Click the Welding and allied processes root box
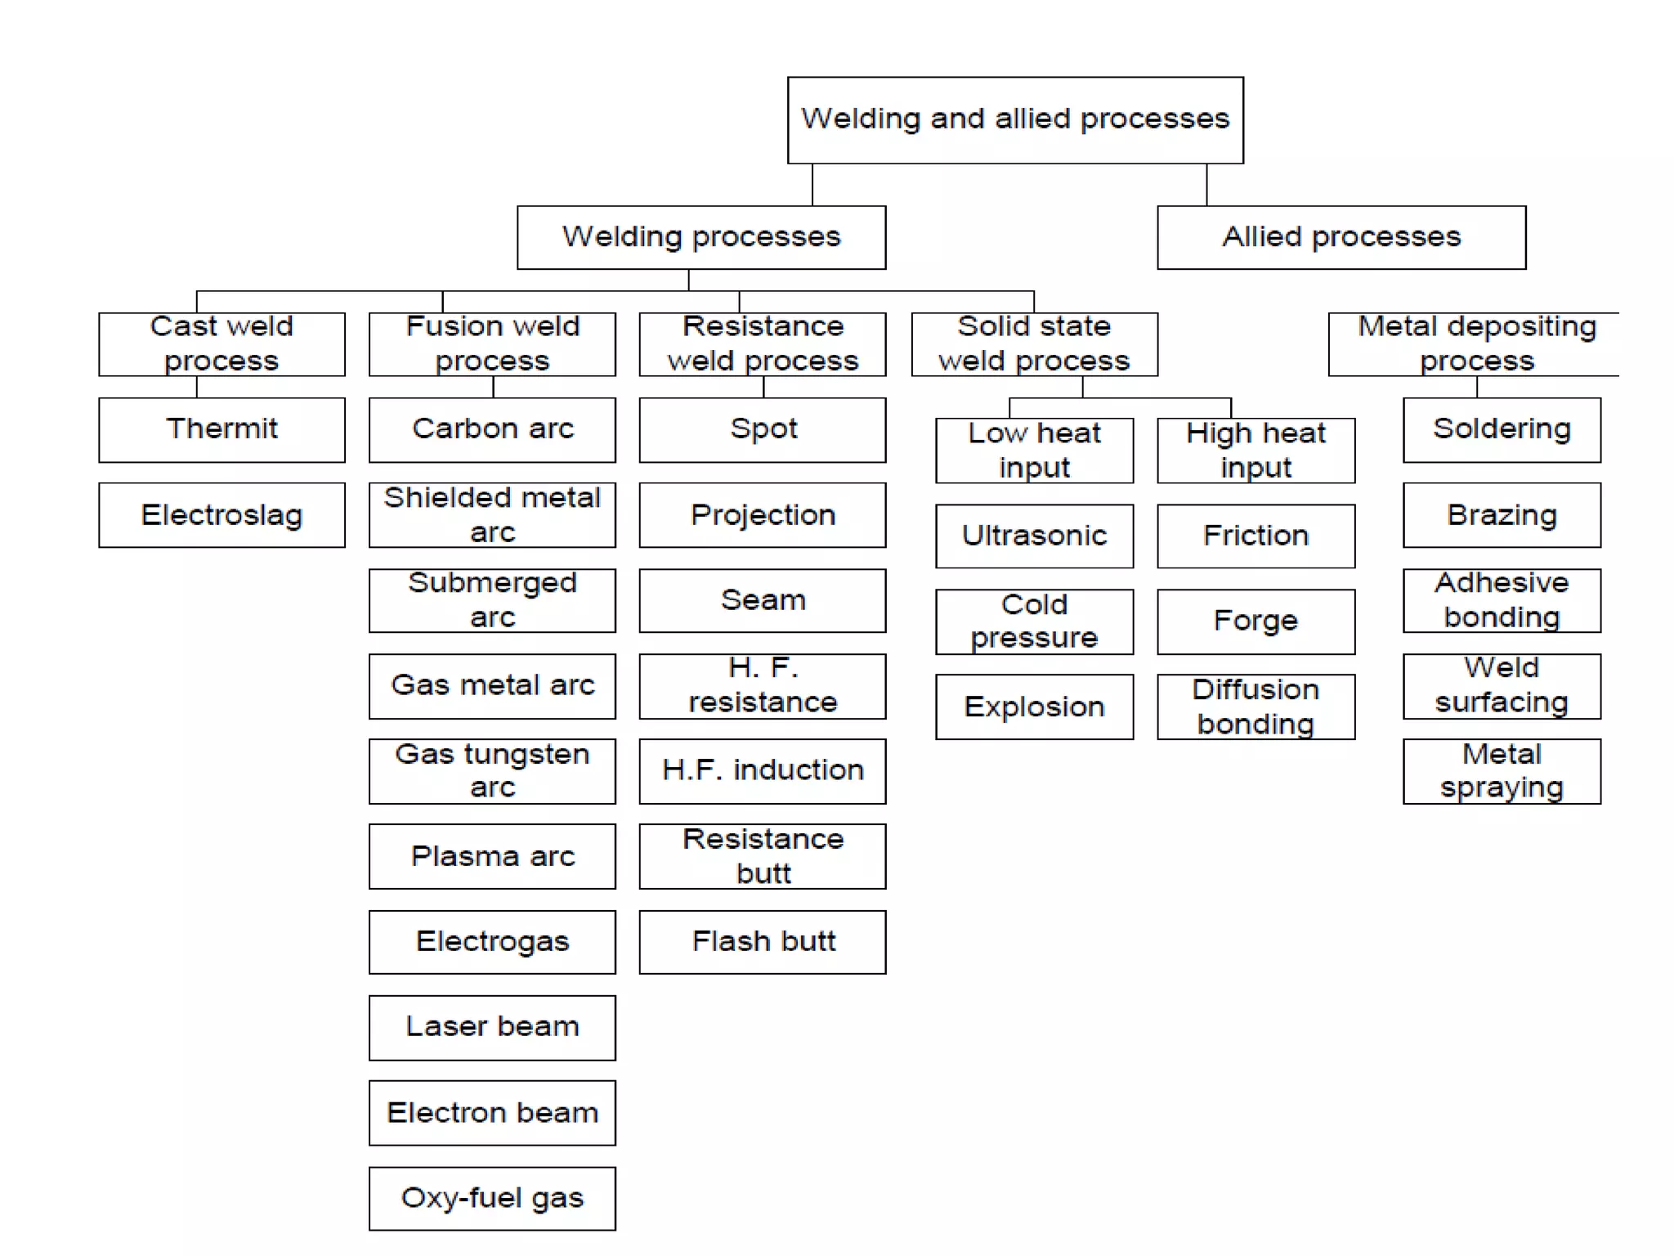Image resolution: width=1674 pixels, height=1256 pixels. click(x=1015, y=120)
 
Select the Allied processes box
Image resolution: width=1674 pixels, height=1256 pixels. click(x=1341, y=237)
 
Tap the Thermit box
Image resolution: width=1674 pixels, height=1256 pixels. click(x=222, y=429)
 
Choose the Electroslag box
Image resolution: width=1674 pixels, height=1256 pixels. click(x=222, y=515)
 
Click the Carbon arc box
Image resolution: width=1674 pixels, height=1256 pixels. click(x=492, y=429)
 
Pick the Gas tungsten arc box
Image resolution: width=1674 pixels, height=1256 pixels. click(x=492, y=771)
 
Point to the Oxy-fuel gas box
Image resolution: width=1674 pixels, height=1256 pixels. click(x=492, y=1198)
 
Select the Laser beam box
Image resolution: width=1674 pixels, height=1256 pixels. click(x=492, y=1027)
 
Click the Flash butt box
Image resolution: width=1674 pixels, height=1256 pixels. click(x=763, y=941)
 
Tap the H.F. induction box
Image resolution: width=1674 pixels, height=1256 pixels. click(x=763, y=771)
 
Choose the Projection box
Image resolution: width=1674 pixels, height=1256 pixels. click(x=763, y=515)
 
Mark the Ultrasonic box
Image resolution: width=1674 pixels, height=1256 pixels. click(x=1034, y=536)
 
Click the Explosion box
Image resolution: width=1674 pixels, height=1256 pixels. click(x=1034, y=706)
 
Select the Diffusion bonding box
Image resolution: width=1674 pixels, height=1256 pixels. click(x=1255, y=706)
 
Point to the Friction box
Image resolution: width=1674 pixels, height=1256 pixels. click(x=1255, y=536)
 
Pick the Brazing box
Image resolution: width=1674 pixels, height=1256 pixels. click(x=1502, y=515)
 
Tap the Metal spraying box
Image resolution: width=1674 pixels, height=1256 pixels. click(x=1502, y=771)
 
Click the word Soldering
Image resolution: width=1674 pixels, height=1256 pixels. click(x=1502, y=428)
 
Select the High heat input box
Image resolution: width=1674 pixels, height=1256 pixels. click(x=1255, y=451)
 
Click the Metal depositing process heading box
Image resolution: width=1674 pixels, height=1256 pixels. click(x=1475, y=344)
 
